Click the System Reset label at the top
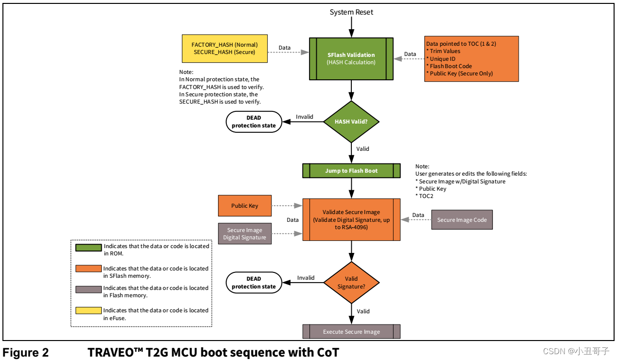(351, 12)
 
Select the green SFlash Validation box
(351, 58)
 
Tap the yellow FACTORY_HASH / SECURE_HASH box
(224, 48)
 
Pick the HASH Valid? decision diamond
(351, 122)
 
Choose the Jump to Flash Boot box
(351, 171)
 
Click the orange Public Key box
(245, 206)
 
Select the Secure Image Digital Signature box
(245, 234)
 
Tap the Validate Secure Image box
(351, 219)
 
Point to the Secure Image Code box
(462, 220)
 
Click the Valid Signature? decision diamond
(351, 283)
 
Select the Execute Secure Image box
(351, 332)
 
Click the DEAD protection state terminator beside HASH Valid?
(254, 122)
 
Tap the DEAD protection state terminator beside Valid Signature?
(254, 283)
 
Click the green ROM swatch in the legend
(88, 247)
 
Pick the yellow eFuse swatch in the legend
(88, 311)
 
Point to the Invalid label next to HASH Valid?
(305, 117)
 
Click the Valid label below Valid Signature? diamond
(363, 311)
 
